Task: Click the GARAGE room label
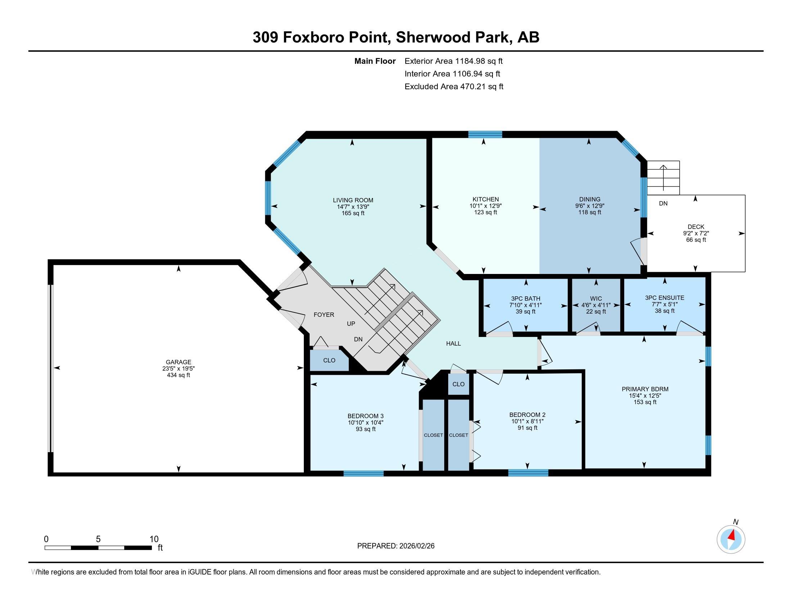179,362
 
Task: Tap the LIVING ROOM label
353,200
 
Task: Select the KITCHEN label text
486,199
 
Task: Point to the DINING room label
590,199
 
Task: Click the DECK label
696,226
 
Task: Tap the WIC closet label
596,299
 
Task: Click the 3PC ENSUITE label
664,298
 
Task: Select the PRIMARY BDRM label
645,389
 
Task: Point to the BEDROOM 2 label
527,415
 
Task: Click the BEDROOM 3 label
365,416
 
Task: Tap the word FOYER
324,315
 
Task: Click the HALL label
453,343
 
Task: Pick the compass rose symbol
731,539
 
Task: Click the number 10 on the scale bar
154,539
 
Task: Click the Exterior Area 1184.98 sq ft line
454,61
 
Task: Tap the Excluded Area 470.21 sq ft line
454,86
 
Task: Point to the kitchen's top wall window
485,135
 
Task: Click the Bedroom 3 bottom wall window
363,473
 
